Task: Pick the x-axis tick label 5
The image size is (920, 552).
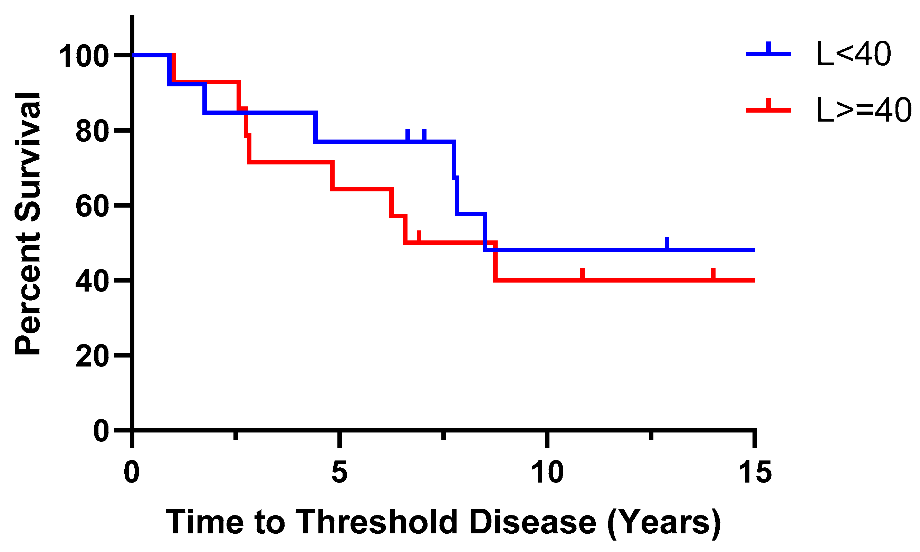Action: pyautogui.click(x=339, y=473)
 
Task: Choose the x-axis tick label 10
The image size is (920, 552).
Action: pyautogui.click(x=547, y=473)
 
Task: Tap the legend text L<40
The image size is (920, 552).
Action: pyautogui.click(x=853, y=54)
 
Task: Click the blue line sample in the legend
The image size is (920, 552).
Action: pyautogui.click(x=768, y=54)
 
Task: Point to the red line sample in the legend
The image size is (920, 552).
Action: pyautogui.click(x=768, y=110)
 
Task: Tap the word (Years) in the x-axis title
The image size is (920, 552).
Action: pyautogui.click(x=664, y=522)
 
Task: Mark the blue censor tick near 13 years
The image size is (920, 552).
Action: pyautogui.click(x=667, y=243)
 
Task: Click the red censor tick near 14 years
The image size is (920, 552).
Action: pyautogui.click(x=713, y=273)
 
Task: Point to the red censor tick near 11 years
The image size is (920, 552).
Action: pyautogui.click(x=582, y=273)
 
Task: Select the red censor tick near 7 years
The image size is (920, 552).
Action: pyautogui.click(x=419, y=237)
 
